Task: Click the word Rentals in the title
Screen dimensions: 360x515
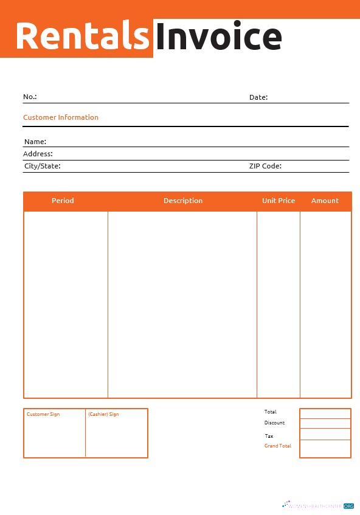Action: [82, 36]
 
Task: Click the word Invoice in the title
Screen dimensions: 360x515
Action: [218, 36]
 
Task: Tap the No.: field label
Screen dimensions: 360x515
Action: [30, 97]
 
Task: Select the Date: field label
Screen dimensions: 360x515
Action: [258, 97]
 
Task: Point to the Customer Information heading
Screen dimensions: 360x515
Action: [61, 117]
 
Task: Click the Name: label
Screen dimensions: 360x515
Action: [35, 142]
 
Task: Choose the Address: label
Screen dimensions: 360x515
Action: [38, 154]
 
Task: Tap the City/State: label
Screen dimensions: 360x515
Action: [42, 165]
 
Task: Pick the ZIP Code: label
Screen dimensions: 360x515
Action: [265, 165]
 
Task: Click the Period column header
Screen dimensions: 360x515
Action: [63, 201]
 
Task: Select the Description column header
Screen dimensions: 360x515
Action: [183, 201]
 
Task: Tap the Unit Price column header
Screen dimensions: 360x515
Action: [279, 201]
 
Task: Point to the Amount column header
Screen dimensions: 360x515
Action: [325, 201]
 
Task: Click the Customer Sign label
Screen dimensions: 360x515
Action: [43, 414]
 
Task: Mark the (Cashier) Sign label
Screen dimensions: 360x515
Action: [103, 414]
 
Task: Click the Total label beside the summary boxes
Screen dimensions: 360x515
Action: [270, 412]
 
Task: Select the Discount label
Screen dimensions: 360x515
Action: [274, 423]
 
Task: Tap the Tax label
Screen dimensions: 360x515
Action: [269, 436]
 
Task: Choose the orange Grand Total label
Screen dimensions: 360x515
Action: [277, 446]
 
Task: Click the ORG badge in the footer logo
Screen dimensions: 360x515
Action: [348, 506]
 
